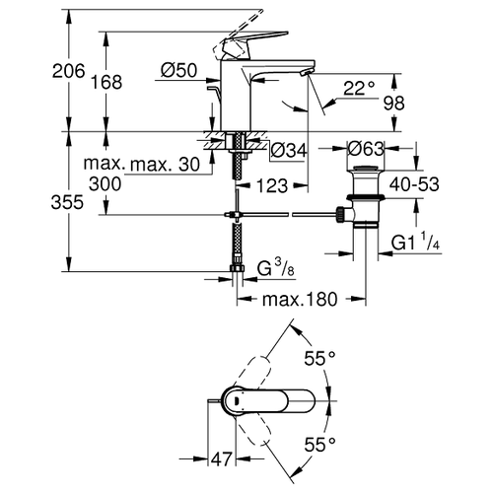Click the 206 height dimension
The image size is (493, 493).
tap(68, 71)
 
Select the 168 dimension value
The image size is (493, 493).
tap(106, 82)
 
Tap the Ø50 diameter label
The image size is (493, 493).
tap(179, 70)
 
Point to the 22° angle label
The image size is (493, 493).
tap(359, 88)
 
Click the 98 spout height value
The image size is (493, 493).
tap(394, 104)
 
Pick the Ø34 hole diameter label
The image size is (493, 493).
tap(289, 151)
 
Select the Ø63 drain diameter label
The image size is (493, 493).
tap(366, 149)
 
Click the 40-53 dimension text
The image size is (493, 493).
tap(414, 184)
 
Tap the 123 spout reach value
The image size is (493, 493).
tap(272, 186)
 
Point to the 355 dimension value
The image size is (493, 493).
tap(67, 202)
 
